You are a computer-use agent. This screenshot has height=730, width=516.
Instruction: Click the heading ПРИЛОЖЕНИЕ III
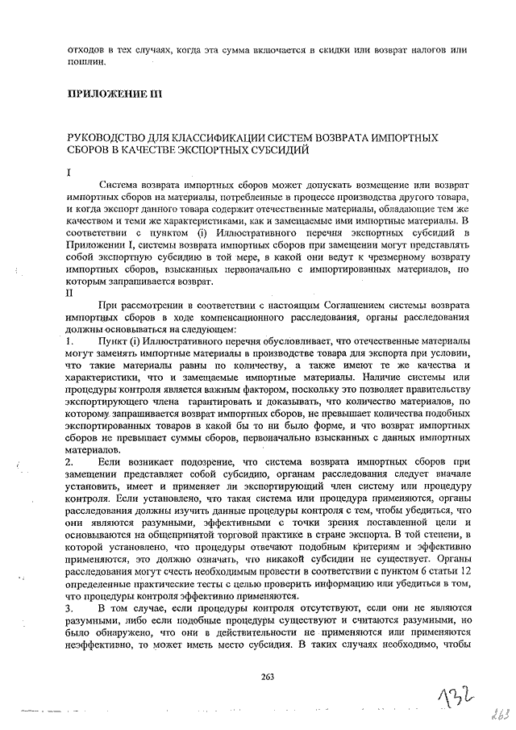(x=116, y=95)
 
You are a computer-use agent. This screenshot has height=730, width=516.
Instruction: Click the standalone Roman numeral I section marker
(x=69, y=172)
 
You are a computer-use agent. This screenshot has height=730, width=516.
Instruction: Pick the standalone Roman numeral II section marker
(x=71, y=294)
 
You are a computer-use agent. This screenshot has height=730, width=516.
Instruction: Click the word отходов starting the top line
(x=87, y=50)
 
